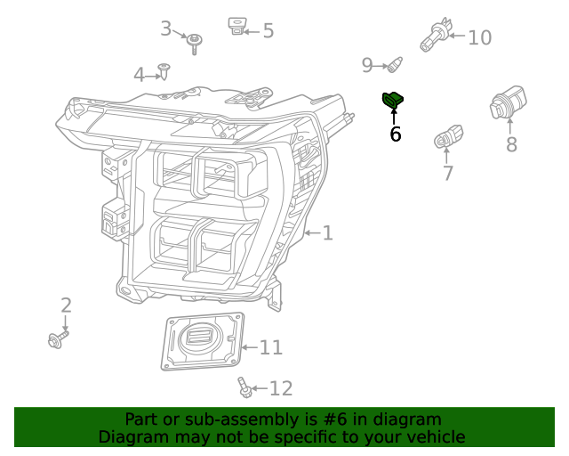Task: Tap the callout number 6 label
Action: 395,134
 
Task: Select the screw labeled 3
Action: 195,39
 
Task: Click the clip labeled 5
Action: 236,26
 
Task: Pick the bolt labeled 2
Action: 56,338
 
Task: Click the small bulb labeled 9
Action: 396,64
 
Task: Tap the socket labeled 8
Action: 508,105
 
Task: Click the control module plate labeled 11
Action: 202,341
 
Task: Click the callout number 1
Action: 327,233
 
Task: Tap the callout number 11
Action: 270,347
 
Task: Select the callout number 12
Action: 280,388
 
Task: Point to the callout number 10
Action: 479,37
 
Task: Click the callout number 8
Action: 511,144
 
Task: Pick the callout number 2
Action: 66,305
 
